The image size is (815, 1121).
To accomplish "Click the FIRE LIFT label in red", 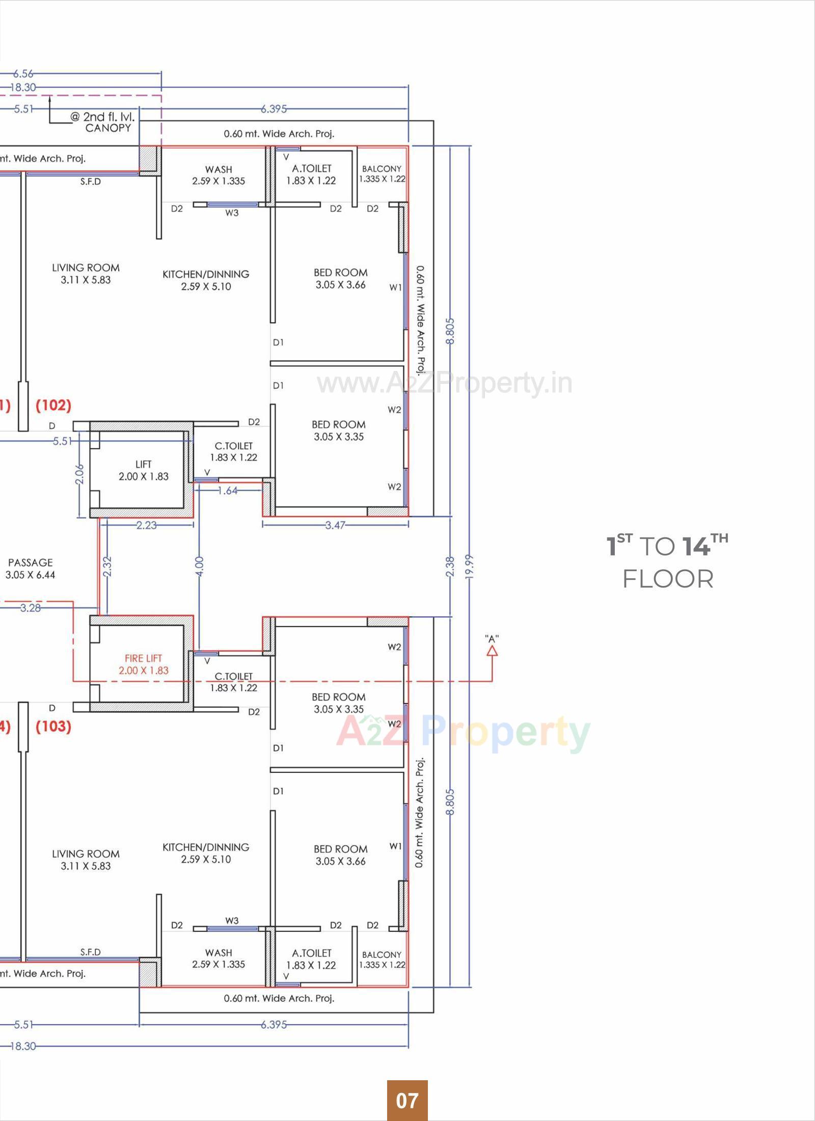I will click(x=143, y=664).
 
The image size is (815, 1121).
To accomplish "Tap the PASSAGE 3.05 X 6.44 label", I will click(x=30, y=569).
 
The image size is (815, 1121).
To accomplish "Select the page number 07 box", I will click(x=407, y=1101).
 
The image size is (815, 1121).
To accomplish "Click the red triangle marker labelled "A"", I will click(x=492, y=651).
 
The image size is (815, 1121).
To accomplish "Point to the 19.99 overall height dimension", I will click(x=469, y=566).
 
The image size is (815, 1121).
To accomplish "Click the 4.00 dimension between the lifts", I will click(x=199, y=566).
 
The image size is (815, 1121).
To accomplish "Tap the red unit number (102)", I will click(x=53, y=406).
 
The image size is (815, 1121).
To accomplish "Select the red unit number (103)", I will click(x=53, y=726).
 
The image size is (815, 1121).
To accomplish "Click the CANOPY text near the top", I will click(x=108, y=128).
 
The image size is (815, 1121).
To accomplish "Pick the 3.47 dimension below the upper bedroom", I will click(x=335, y=525).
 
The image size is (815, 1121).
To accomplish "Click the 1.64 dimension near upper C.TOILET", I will click(x=227, y=491).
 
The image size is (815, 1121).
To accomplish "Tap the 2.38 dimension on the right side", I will click(x=450, y=566).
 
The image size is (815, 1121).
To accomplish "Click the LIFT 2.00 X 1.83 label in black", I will click(x=143, y=470).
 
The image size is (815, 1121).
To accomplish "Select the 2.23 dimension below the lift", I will click(x=146, y=525).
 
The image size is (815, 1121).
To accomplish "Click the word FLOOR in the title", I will click(x=668, y=579).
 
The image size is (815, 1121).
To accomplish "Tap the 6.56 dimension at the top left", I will click(x=23, y=74).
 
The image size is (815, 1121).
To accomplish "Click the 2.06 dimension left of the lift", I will click(x=79, y=474).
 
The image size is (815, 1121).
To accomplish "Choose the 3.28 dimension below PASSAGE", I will click(x=30, y=608).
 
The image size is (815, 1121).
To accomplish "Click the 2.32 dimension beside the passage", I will click(x=106, y=566).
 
